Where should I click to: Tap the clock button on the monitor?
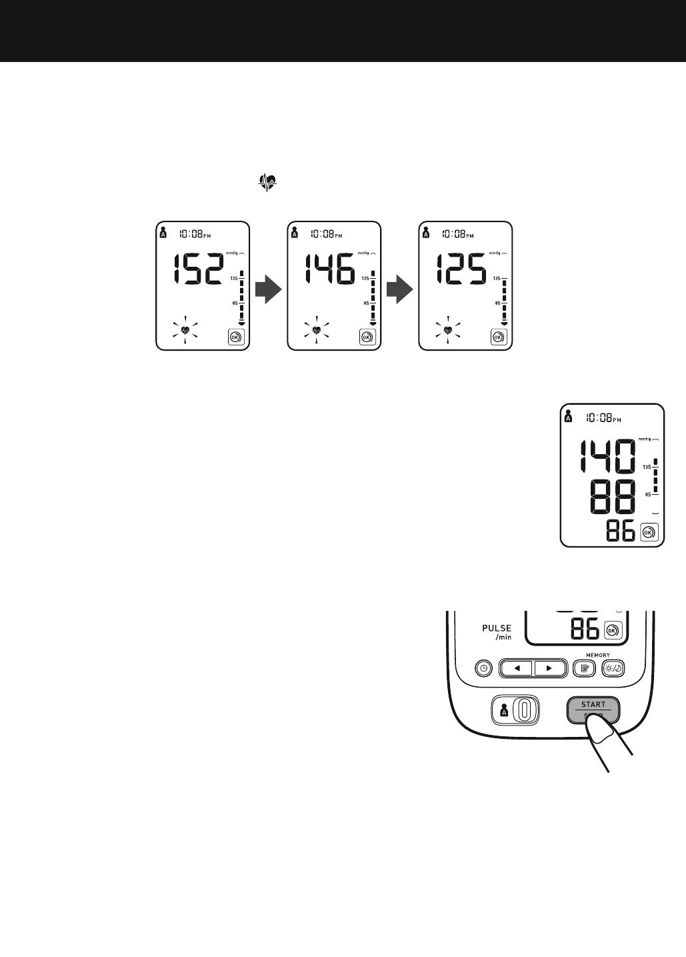pyautogui.click(x=483, y=668)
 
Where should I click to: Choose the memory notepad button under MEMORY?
pyautogui.click(x=585, y=668)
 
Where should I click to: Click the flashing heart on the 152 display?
pyautogui.click(x=185, y=330)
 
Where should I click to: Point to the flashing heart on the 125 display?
pyautogui.click(x=448, y=330)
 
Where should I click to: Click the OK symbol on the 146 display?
pyautogui.click(x=366, y=337)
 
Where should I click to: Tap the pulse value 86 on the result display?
pyautogui.click(x=621, y=532)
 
